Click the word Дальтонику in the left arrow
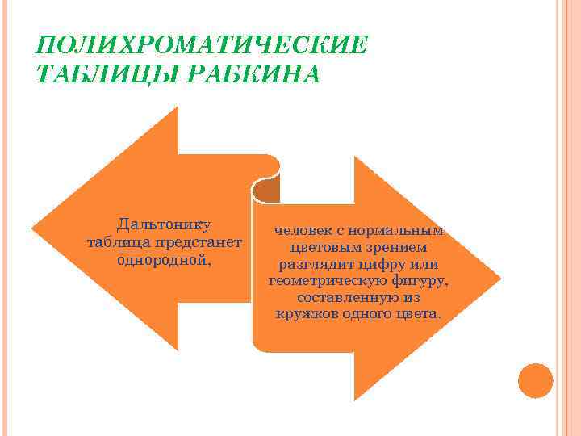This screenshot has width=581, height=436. click(x=165, y=223)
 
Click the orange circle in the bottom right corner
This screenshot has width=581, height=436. click(x=535, y=380)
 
